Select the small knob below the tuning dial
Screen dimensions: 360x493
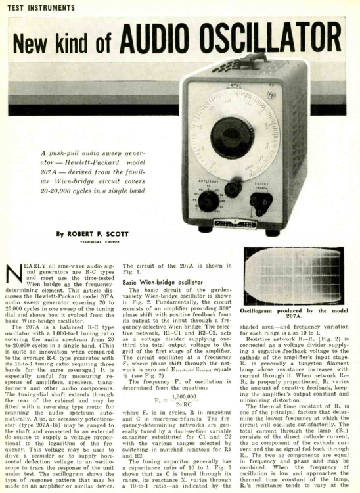pos(231,191)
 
